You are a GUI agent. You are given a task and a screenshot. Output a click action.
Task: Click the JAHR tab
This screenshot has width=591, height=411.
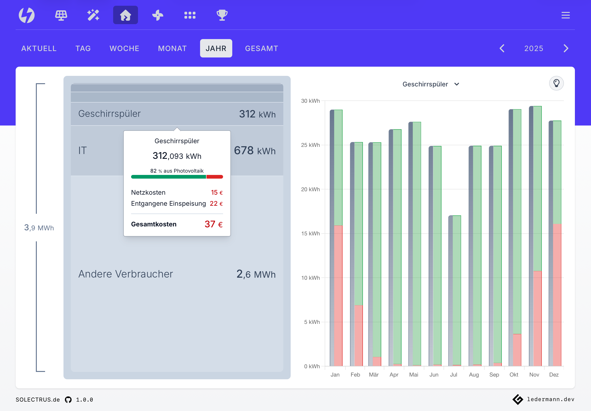pyautogui.click(x=216, y=48)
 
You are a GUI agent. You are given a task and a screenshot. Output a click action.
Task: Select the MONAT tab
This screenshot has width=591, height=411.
pyautogui.click(x=172, y=48)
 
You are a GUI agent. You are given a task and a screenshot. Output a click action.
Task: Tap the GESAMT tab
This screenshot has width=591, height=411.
pyautogui.click(x=261, y=48)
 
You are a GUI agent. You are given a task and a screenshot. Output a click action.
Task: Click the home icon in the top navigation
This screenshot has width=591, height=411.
pyautogui.click(x=125, y=15)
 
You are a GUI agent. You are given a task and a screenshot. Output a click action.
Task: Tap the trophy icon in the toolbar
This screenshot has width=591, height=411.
pyautogui.click(x=222, y=15)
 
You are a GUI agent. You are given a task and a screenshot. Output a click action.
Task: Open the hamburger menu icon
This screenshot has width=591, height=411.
pyautogui.click(x=565, y=15)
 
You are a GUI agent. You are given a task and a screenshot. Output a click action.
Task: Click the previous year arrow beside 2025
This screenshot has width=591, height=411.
pyautogui.click(x=502, y=48)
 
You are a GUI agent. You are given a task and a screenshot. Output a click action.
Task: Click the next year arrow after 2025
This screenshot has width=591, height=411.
pyautogui.click(x=566, y=48)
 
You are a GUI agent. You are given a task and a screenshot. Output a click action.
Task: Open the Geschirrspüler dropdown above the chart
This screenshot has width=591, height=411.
pyautogui.click(x=431, y=84)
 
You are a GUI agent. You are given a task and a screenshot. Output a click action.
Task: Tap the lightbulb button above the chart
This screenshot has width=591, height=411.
pyautogui.click(x=556, y=83)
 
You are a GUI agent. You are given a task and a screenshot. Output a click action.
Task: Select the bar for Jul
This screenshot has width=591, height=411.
pyautogui.click(x=455, y=291)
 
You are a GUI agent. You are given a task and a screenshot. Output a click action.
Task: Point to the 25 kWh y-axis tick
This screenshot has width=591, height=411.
pyautogui.click(x=310, y=145)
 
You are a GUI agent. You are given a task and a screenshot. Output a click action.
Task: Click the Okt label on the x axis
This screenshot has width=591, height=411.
pyautogui.click(x=514, y=375)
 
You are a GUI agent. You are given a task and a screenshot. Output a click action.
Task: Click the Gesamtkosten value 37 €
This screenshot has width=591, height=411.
pyautogui.click(x=213, y=224)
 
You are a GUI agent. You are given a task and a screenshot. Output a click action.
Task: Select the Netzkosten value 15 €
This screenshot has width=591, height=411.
pyautogui.click(x=217, y=192)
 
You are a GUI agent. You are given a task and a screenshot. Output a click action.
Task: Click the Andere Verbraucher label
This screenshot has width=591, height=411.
pyautogui.click(x=125, y=274)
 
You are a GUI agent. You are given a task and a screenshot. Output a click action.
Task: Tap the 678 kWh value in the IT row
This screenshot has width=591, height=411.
pyautogui.click(x=255, y=151)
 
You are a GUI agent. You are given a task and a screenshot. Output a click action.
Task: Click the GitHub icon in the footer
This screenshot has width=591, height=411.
pyautogui.click(x=68, y=400)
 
